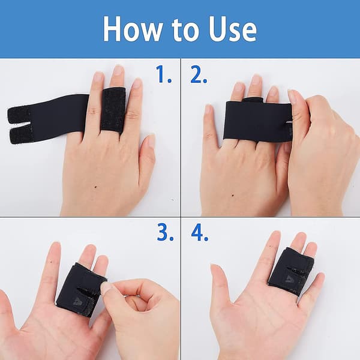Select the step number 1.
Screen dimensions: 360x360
point(164,74)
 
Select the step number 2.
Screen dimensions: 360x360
point(199,74)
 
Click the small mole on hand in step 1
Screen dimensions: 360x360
point(95,187)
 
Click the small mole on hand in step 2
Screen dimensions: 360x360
point(233,196)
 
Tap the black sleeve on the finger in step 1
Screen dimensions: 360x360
point(113,110)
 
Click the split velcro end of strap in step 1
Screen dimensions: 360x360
point(20,125)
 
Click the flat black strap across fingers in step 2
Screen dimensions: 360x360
point(257,122)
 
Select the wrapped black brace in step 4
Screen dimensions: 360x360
point(291,271)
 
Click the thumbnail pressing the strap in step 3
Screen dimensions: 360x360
point(106,289)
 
